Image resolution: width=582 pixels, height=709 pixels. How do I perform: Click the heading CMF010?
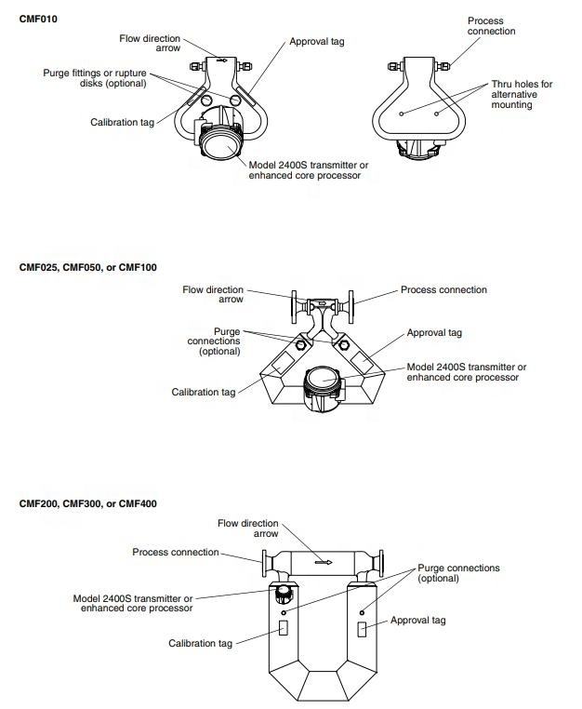(37, 18)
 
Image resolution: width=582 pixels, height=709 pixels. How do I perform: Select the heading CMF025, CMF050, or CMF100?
(88, 267)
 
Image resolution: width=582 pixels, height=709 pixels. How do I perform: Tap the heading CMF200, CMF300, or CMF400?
(88, 503)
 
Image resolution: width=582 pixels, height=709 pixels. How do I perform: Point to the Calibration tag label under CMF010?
(122, 122)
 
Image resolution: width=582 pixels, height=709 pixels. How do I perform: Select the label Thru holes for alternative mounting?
(521, 94)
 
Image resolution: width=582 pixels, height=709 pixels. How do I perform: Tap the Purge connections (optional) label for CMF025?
(214, 341)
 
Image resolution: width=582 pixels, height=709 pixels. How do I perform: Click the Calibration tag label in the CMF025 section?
(204, 393)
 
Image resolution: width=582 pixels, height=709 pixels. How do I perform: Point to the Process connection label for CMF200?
(175, 552)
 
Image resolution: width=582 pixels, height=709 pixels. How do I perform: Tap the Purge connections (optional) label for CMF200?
(457, 572)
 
